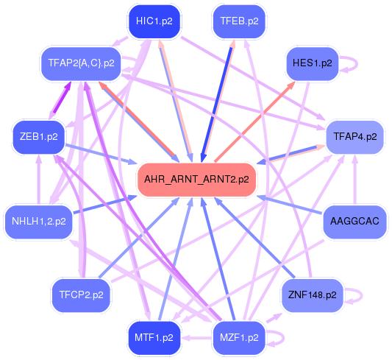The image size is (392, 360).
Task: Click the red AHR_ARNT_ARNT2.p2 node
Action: pyautogui.click(x=196, y=178)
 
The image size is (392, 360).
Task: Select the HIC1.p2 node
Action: pyautogui.click(x=154, y=21)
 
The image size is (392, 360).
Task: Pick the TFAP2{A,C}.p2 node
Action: pyautogui.click(x=80, y=63)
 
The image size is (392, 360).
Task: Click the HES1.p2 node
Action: pyautogui.click(x=312, y=63)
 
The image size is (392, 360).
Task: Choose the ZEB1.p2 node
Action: pyautogui.click(x=39, y=136)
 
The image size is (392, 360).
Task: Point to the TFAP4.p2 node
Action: pyautogui.click(x=354, y=136)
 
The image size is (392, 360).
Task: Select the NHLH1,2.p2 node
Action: pyautogui.click(x=39, y=220)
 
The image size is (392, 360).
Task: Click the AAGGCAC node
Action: pyautogui.click(x=354, y=220)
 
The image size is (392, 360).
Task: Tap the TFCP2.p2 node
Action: pyautogui.click(x=81, y=294)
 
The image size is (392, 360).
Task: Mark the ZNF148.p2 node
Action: pyautogui.click(x=312, y=294)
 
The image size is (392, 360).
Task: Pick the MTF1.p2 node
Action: pyautogui.click(x=154, y=337)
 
